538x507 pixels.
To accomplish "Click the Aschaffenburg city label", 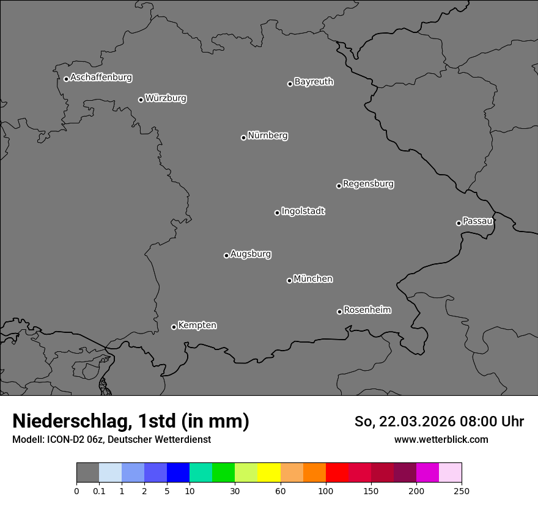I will [101, 78].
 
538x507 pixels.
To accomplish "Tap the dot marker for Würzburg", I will [141, 100].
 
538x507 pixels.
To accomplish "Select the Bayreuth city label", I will [314, 82].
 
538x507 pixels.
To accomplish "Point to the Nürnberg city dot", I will [243, 137].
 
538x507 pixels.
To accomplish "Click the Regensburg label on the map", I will [368, 184].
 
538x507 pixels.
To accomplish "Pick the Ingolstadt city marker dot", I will [277, 213].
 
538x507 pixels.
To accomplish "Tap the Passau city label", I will [477, 221].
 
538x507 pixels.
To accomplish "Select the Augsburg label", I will [251, 254].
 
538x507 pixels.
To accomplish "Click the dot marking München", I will [289, 280].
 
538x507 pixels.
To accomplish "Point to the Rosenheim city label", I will [367, 310].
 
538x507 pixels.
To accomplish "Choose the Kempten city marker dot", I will [174, 327].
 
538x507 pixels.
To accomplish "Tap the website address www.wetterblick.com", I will [441, 440].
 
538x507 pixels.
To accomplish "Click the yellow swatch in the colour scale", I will [269, 473].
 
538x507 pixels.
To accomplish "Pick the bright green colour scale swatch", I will [224, 473].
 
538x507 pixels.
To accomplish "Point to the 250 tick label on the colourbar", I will [462, 491].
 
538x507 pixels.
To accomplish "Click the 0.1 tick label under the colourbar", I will [99, 491].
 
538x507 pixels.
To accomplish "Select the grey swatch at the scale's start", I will [87, 473].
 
